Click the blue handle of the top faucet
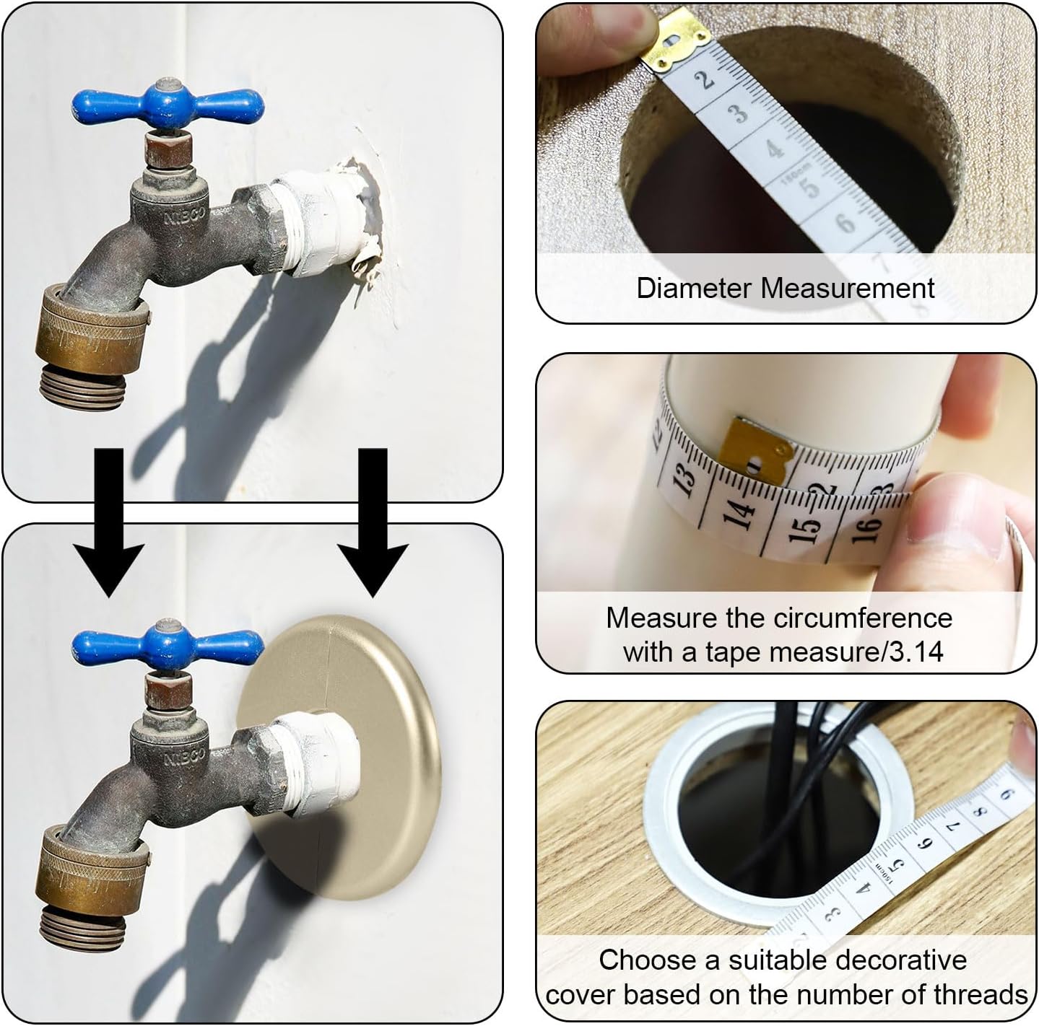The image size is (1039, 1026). [x=168, y=103]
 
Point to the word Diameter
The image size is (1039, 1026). [x=695, y=288]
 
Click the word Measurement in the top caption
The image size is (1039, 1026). [x=848, y=288]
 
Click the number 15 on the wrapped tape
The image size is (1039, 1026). [x=808, y=527]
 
